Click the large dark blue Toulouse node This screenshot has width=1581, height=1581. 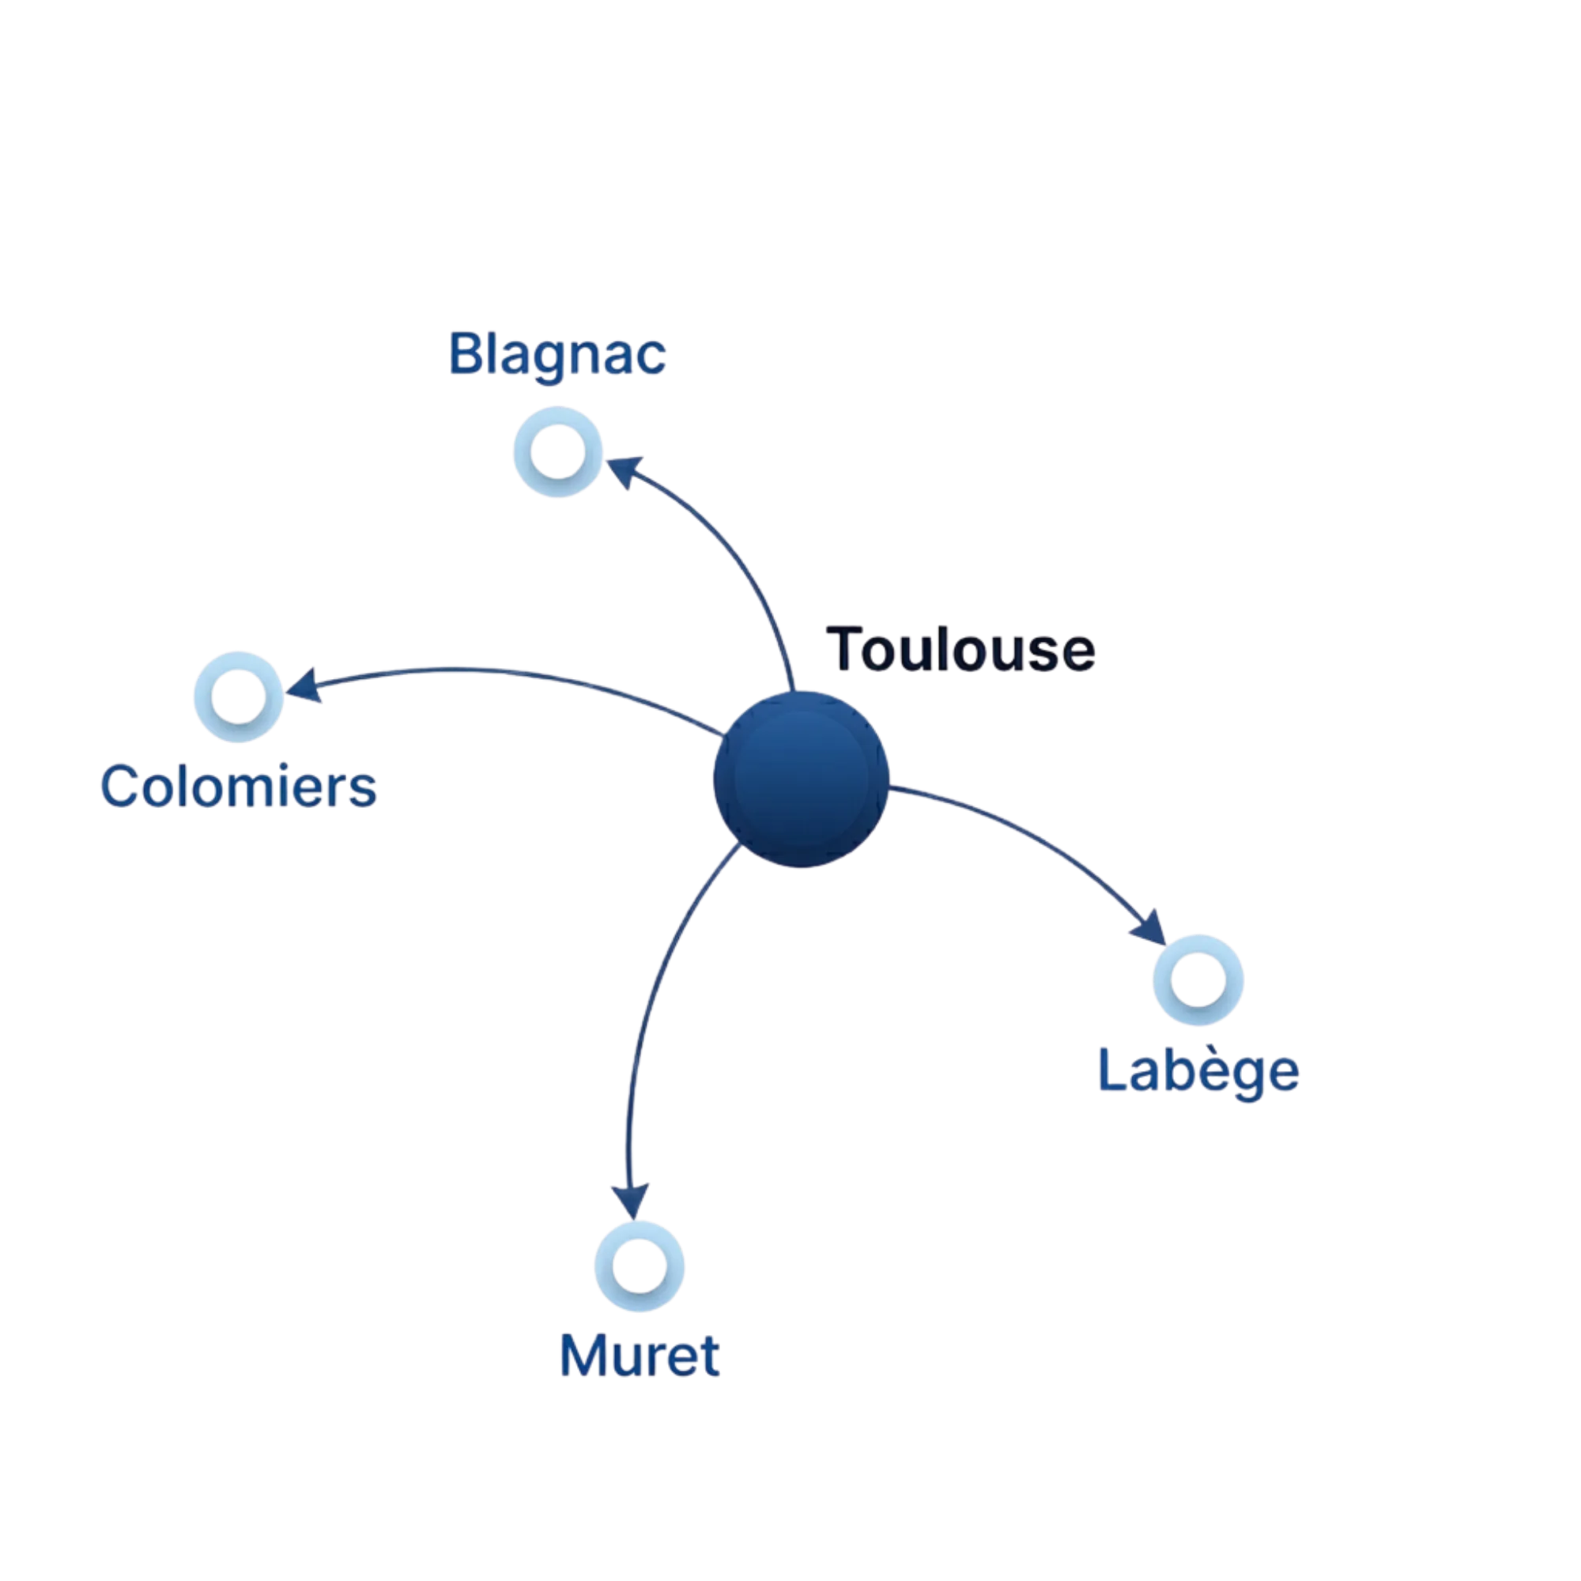(800, 779)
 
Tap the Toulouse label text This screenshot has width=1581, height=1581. (960, 650)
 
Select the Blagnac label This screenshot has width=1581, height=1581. (557, 355)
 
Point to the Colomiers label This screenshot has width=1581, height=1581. (238, 787)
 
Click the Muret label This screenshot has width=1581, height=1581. (639, 1356)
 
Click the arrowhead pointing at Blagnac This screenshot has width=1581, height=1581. (624, 471)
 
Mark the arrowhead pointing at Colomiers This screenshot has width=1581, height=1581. (304, 685)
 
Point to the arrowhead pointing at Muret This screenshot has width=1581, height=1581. (631, 1201)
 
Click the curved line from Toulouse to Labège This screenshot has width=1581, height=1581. (1040, 839)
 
